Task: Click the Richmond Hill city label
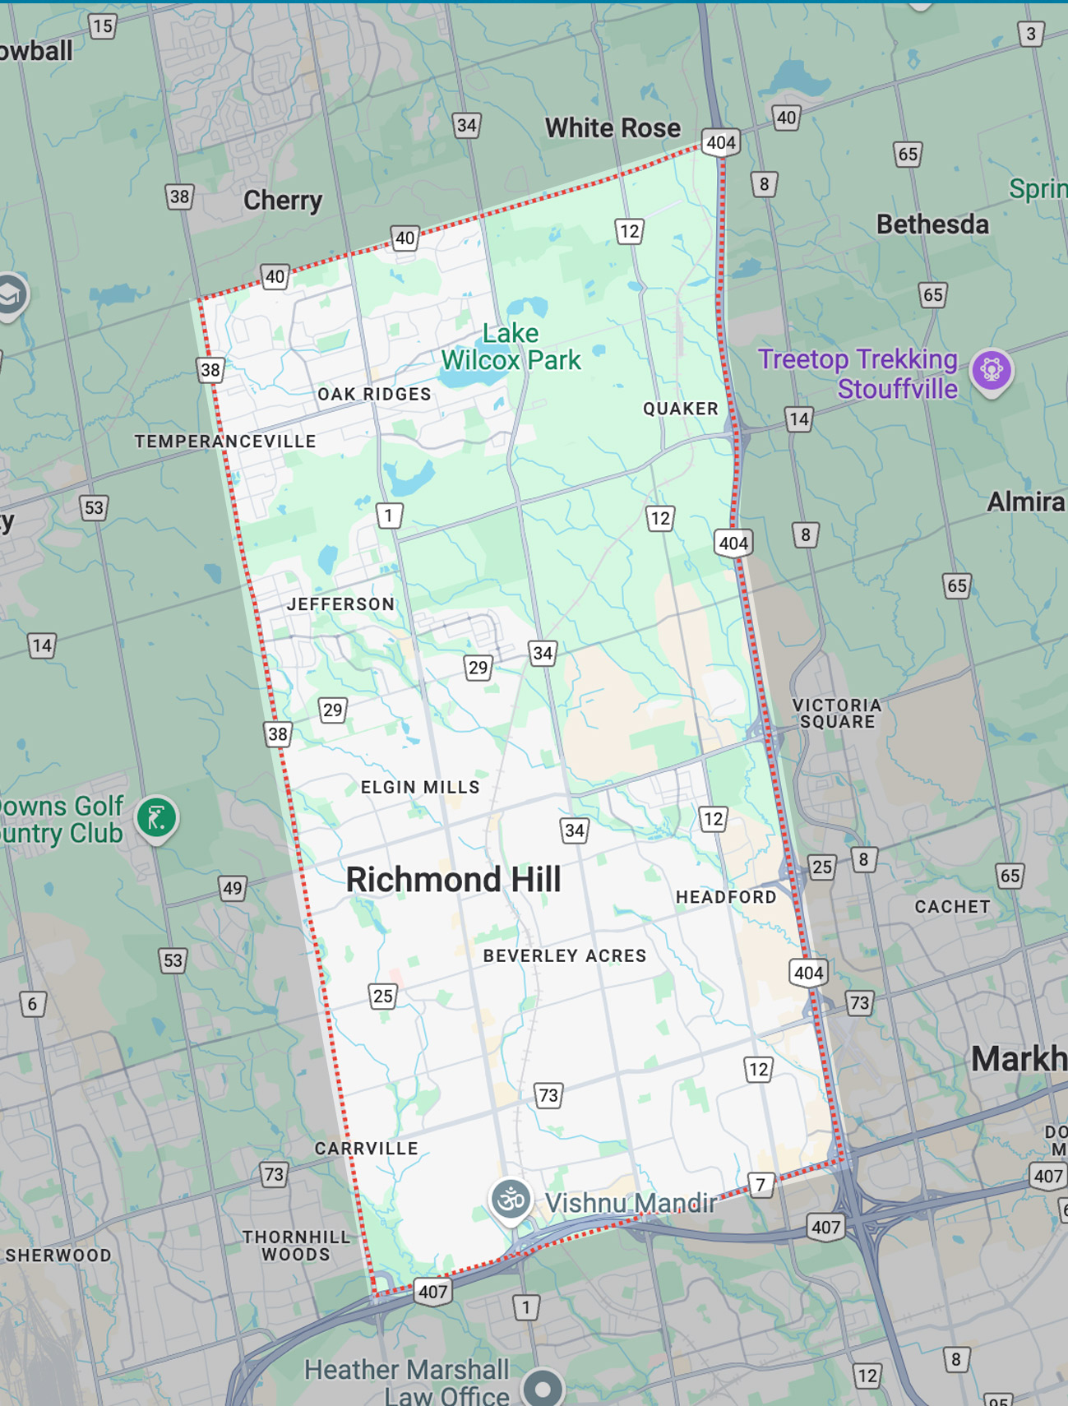(x=453, y=880)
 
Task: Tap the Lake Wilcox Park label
(x=511, y=347)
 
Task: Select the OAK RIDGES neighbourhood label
(x=374, y=395)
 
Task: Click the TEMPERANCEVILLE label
(x=225, y=442)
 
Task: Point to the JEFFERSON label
(x=340, y=604)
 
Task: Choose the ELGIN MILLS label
(x=420, y=788)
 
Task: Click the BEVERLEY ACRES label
(x=564, y=956)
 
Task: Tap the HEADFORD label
(x=726, y=897)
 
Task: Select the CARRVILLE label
(x=366, y=1149)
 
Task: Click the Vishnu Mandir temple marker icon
(x=511, y=1200)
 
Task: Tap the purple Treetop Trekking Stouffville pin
(x=991, y=370)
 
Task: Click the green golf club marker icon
(x=156, y=817)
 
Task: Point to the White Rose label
(x=613, y=128)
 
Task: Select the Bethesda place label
(x=932, y=224)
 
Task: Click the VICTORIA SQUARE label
(x=836, y=714)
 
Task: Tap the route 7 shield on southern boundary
(x=761, y=1185)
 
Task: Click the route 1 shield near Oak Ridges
(x=389, y=516)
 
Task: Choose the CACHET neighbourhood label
(x=952, y=907)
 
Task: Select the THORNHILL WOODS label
(x=296, y=1246)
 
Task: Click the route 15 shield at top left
(x=103, y=26)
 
